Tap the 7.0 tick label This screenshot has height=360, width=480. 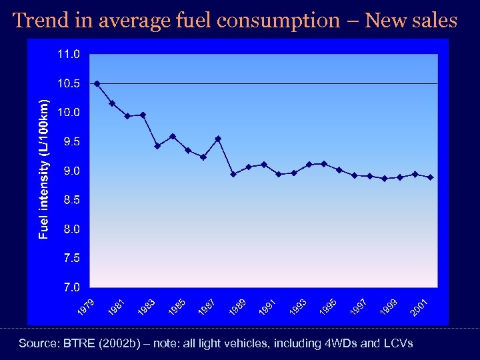point(70,287)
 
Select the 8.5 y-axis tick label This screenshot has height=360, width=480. point(70,199)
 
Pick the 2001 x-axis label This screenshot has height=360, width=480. point(419,307)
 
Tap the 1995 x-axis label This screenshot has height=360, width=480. point(328,307)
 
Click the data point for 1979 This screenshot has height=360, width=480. point(97,83)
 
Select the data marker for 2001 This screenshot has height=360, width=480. point(431,177)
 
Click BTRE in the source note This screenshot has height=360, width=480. point(80,343)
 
